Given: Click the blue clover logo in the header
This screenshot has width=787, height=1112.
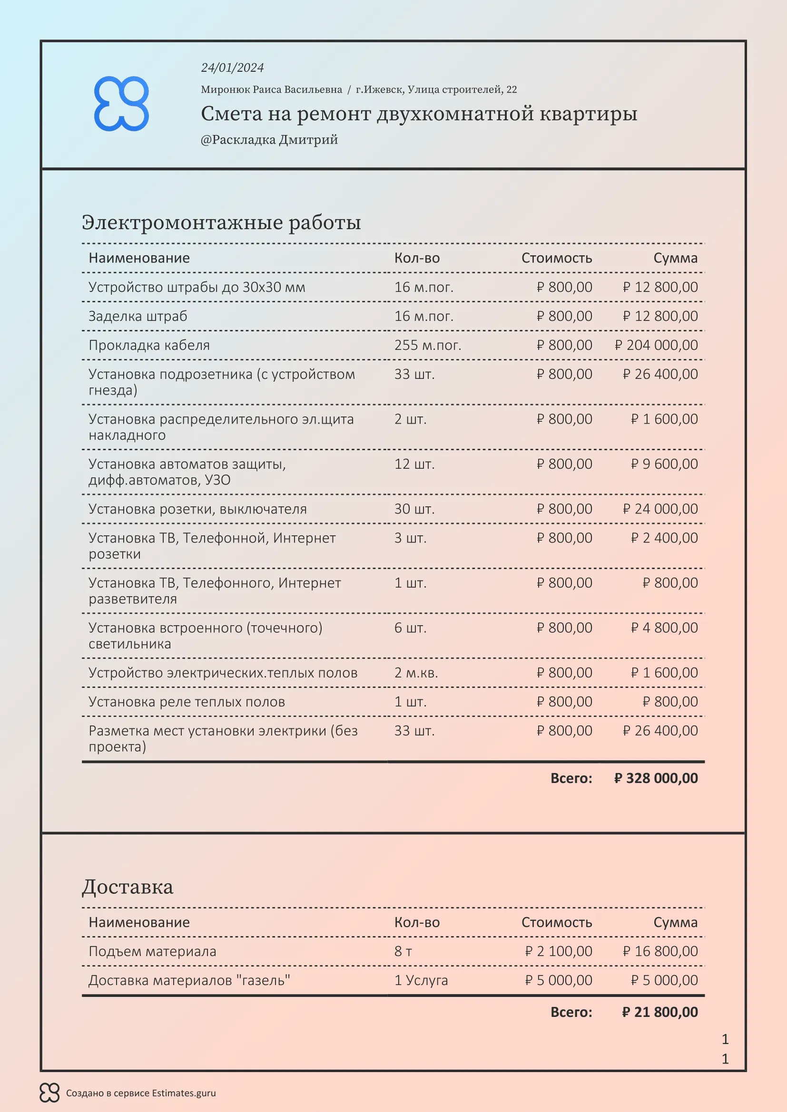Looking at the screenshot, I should coord(121,103).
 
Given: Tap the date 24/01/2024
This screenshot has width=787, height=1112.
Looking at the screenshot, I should coord(232,68).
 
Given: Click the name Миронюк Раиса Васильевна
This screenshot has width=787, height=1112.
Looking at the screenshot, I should coord(271,89).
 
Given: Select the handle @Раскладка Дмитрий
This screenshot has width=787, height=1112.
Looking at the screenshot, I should coord(269,139).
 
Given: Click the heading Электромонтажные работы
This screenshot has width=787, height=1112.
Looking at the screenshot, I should coord(221,222).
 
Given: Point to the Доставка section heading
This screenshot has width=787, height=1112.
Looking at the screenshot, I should coord(128,887).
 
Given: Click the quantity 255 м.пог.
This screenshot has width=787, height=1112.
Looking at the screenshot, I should coord(427,345).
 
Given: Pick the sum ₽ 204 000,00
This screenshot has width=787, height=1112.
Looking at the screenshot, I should coord(656,345).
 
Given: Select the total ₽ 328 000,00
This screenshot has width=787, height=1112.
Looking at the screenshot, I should coord(656,778).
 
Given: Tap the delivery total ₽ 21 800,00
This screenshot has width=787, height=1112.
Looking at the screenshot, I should coord(659,1012).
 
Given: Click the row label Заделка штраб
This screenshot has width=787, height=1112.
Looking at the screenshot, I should coord(138,316).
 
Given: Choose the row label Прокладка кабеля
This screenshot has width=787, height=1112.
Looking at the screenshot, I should coord(149,345).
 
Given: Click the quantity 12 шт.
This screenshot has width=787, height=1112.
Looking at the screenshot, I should coord(414,464).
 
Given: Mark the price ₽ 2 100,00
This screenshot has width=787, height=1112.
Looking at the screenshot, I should coord(558,951).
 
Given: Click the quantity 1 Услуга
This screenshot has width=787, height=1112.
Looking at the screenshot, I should coord(421,980).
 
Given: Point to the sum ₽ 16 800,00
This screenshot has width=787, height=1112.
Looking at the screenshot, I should coord(660,951).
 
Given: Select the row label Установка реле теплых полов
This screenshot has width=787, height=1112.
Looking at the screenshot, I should coord(187,702).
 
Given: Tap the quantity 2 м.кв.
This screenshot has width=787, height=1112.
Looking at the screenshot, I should coord(416,673).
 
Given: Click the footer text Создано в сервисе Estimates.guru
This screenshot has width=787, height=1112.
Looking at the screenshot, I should coord(140,1093).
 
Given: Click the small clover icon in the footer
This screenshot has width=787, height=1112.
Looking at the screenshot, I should coord(49,1093).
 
